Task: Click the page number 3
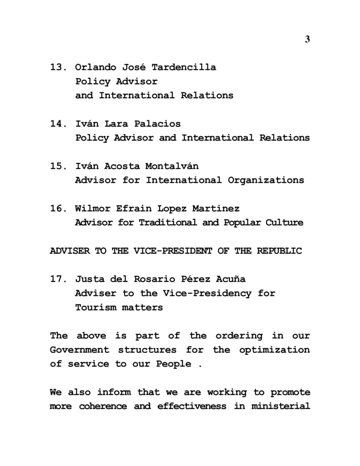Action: [x=307, y=39]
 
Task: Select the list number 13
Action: [x=57, y=67]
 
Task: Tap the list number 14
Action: [x=57, y=124]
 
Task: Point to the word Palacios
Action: [x=157, y=124]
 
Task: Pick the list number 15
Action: [x=57, y=166]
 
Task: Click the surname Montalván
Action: [x=172, y=166]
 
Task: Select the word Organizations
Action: [x=266, y=180]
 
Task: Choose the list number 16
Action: [x=57, y=209]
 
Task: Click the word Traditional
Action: [x=168, y=223]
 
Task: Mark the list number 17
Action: [x=57, y=279]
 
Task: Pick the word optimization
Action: [x=274, y=350]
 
